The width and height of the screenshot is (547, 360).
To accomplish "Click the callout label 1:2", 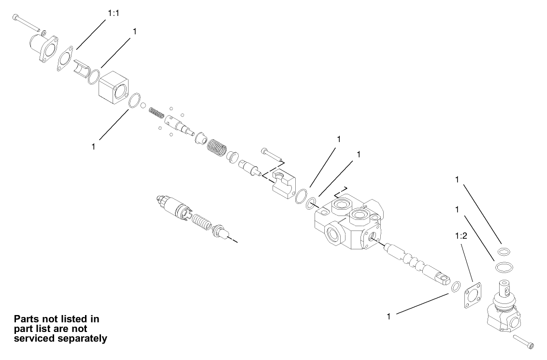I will click(461, 237).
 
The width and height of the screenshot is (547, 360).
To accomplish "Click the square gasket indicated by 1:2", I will click(470, 295).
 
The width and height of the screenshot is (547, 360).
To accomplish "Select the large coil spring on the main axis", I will click(217, 147).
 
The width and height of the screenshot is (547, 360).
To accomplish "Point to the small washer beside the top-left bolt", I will click(43, 33).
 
